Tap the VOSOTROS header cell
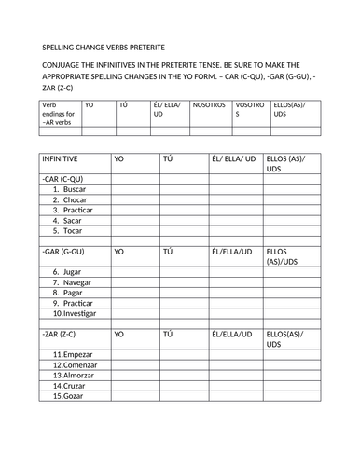249,113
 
